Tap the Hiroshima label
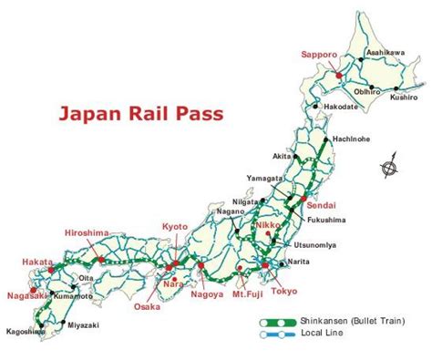point(87,233)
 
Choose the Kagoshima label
point(22,332)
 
